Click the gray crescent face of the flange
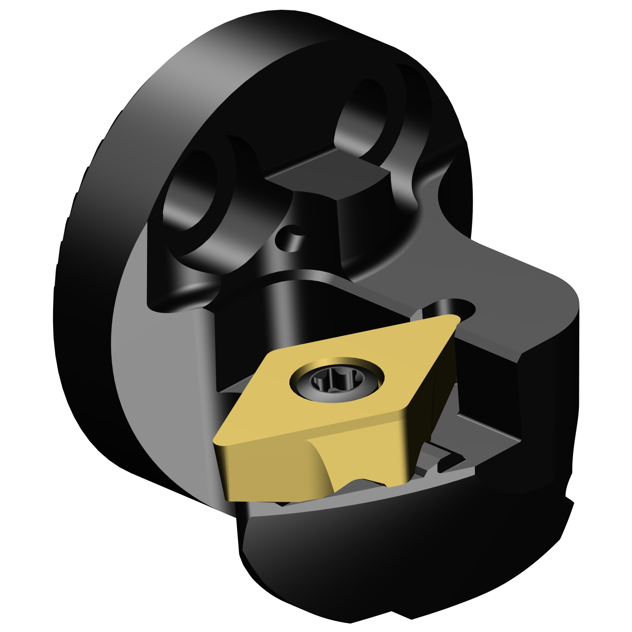click(x=139, y=379)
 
